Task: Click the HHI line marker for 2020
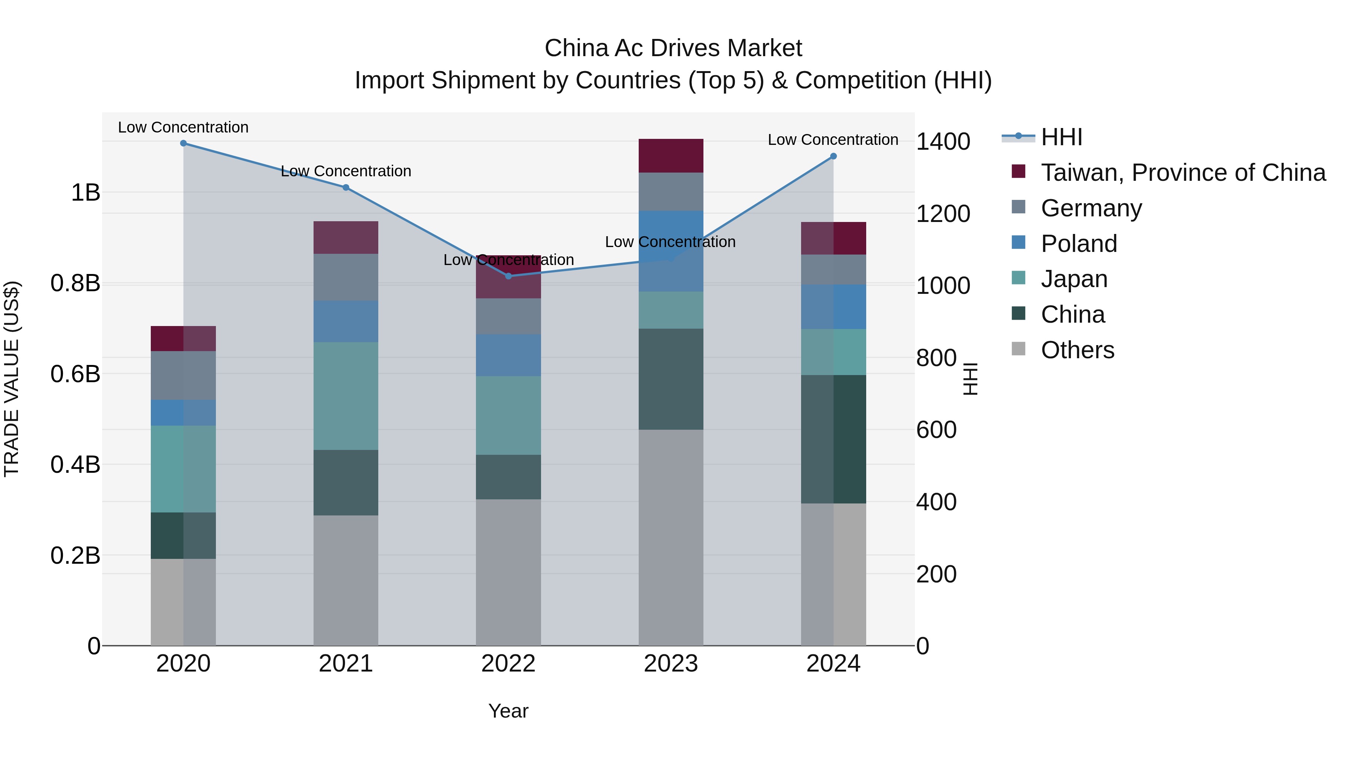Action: [183, 143]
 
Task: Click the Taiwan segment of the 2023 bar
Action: [671, 156]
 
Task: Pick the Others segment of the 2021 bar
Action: [346, 580]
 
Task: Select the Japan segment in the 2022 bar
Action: [508, 415]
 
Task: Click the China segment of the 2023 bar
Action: [671, 379]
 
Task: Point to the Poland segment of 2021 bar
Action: [346, 321]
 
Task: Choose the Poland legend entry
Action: [1078, 244]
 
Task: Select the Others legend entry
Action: [1077, 350]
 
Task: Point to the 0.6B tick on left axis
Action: [75, 374]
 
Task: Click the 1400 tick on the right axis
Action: [943, 141]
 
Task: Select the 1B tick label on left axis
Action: [85, 192]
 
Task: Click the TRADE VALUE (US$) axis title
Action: [12, 379]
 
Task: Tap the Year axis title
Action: [508, 711]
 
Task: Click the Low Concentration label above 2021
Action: [346, 171]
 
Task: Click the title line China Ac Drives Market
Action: [673, 48]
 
